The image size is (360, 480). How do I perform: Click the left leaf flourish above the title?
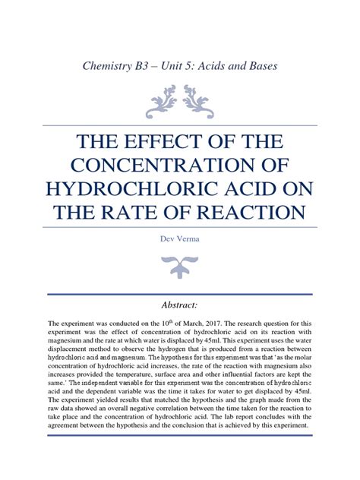tap(162, 100)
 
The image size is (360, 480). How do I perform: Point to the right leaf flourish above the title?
tap(200, 100)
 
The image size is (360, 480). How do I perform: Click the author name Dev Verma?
tap(180, 239)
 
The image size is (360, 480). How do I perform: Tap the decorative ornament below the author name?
tap(180, 266)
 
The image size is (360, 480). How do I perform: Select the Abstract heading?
tap(180, 305)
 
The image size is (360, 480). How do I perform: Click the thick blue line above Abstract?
tap(180, 294)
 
